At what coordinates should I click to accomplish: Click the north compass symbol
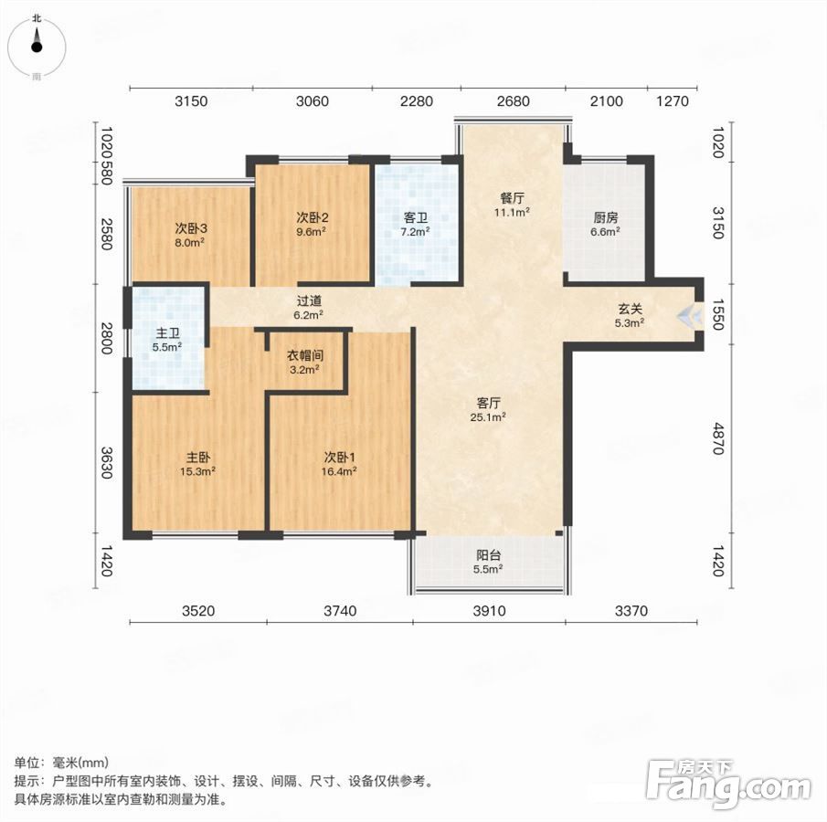37,47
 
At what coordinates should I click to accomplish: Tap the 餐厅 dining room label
512,198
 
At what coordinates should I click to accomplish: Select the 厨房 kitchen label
605,217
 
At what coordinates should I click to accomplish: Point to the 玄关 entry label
630,309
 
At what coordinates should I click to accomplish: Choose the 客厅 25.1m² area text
488,417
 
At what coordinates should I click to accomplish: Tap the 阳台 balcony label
488,554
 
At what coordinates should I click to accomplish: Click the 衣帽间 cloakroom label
305,355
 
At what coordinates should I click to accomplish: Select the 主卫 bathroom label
167,333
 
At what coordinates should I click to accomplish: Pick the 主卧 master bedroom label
197,458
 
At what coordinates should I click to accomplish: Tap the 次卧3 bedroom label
190,228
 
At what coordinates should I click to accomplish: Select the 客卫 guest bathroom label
415,217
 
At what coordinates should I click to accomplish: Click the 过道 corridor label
309,300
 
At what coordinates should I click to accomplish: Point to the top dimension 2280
416,100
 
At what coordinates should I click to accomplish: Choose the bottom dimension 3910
489,611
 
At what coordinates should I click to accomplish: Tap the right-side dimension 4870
717,437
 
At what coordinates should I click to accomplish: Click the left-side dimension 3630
107,462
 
